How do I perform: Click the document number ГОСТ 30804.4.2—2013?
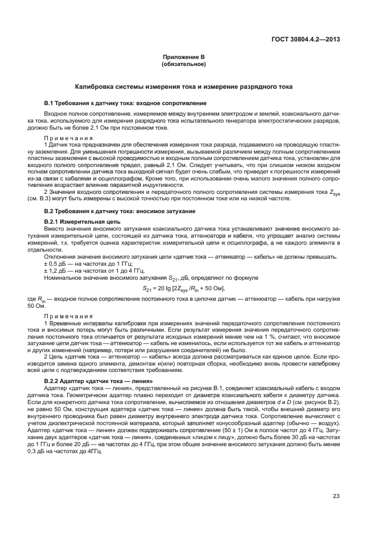click(x=305, y=40)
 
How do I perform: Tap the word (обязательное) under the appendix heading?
click(x=184, y=64)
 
